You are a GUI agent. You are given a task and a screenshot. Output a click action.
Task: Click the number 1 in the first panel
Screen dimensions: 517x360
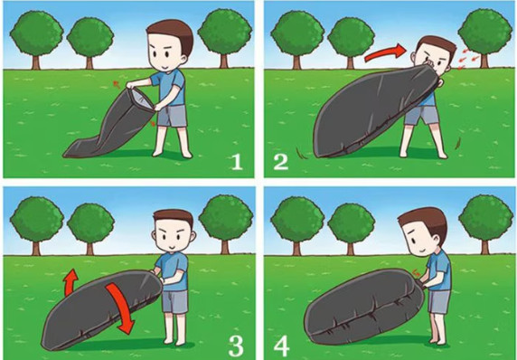click(x=238, y=162)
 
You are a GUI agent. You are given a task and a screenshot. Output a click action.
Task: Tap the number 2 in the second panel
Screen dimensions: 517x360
click(x=281, y=162)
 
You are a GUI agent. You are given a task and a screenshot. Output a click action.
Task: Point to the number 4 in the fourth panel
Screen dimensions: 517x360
click(x=282, y=346)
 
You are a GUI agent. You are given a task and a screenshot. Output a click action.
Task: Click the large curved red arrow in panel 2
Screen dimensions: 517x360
click(x=386, y=52)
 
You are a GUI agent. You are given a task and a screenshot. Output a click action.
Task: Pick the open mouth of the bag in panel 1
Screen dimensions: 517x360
click(x=142, y=99)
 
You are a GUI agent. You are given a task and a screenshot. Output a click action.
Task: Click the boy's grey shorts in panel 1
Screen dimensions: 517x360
click(x=172, y=116)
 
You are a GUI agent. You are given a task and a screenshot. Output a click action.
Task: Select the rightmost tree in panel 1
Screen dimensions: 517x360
click(x=225, y=38)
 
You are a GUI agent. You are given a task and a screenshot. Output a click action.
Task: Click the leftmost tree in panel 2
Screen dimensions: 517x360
click(x=297, y=40)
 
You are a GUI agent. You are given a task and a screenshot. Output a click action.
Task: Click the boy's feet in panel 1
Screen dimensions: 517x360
click(x=173, y=154)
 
